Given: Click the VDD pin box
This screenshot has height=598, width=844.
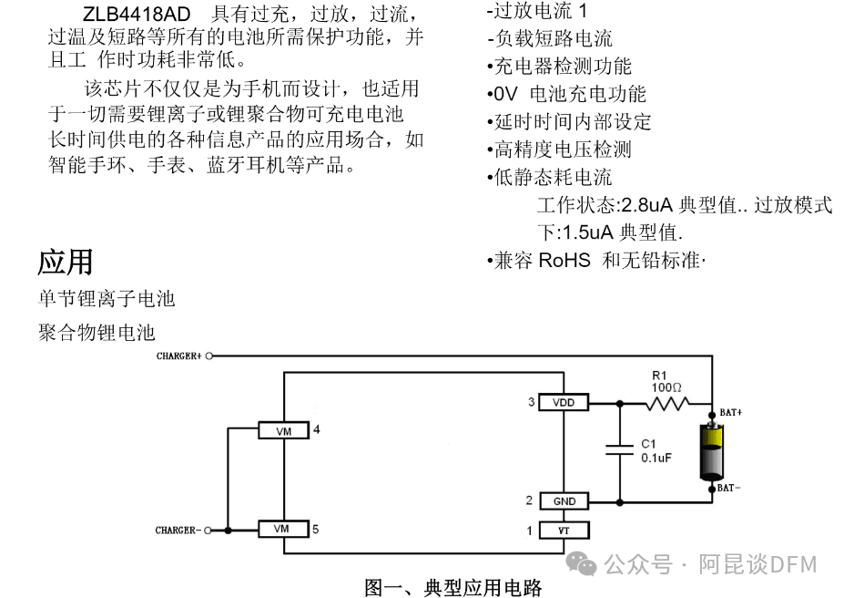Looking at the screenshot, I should click(x=564, y=402).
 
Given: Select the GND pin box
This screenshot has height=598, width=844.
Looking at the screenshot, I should click(x=564, y=501).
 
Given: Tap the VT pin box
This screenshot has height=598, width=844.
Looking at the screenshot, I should click(x=564, y=530).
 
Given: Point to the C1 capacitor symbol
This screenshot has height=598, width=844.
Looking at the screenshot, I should click(x=620, y=448).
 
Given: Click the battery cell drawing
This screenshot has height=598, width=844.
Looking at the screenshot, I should click(x=711, y=450).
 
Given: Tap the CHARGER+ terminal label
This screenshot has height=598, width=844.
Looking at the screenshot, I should click(x=178, y=356).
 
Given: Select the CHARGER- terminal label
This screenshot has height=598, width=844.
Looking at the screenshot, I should click(x=177, y=530).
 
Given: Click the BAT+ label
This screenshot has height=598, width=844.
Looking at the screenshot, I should click(x=730, y=413).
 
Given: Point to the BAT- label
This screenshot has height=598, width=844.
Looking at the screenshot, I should click(x=728, y=488).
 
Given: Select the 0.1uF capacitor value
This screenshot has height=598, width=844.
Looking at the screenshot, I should click(x=656, y=458).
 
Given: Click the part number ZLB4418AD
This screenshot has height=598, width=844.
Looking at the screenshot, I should click(x=137, y=15).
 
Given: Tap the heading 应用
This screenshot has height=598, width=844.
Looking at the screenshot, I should click(x=66, y=262).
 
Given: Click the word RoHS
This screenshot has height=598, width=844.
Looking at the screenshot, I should click(x=564, y=260).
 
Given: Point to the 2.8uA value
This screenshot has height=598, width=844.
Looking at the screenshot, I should click(x=647, y=205).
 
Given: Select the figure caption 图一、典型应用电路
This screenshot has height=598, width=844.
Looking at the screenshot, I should click(x=453, y=587).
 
